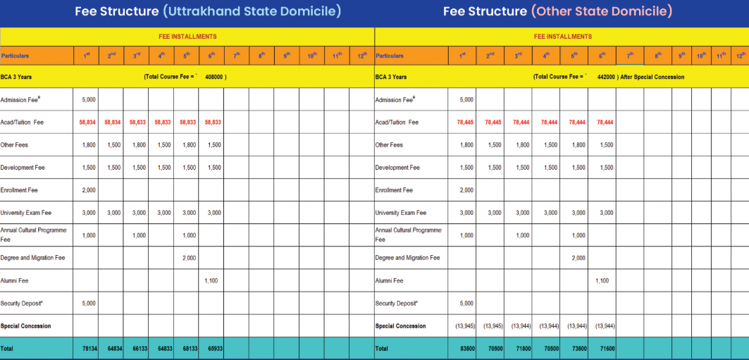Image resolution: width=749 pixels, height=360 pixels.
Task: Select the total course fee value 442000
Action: [x=606, y=77]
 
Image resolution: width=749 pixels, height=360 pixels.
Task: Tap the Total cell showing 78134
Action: [x=89, y=349]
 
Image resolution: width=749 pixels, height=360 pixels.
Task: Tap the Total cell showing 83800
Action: [x=466, y=349]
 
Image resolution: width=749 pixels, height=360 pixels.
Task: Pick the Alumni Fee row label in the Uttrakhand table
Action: [x=15, y=280]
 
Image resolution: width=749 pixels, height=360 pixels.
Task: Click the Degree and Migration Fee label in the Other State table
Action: [x=407, y=258]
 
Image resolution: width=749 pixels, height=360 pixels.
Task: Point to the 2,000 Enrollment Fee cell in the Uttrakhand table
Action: [x=89, y=190]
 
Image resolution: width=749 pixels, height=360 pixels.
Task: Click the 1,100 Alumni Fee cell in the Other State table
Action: [x=602, y=280]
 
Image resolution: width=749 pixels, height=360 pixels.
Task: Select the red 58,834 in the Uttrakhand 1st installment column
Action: [x=87, y=122]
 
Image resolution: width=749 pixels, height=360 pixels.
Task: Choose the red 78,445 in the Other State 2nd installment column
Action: [x=493, y=122]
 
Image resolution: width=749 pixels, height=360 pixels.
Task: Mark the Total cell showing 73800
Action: [x=578, y=349]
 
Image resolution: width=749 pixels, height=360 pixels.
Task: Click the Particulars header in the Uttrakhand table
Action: [x=16, y=56]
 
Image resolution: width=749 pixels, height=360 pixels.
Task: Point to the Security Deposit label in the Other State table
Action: [x=396, y=304]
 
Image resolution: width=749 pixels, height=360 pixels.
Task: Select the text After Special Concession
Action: [x=652, y=77]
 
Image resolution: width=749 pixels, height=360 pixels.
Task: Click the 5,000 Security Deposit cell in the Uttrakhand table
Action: [x=89, y=304]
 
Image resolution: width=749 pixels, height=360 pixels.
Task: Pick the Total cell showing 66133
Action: [x=139, y=349]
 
